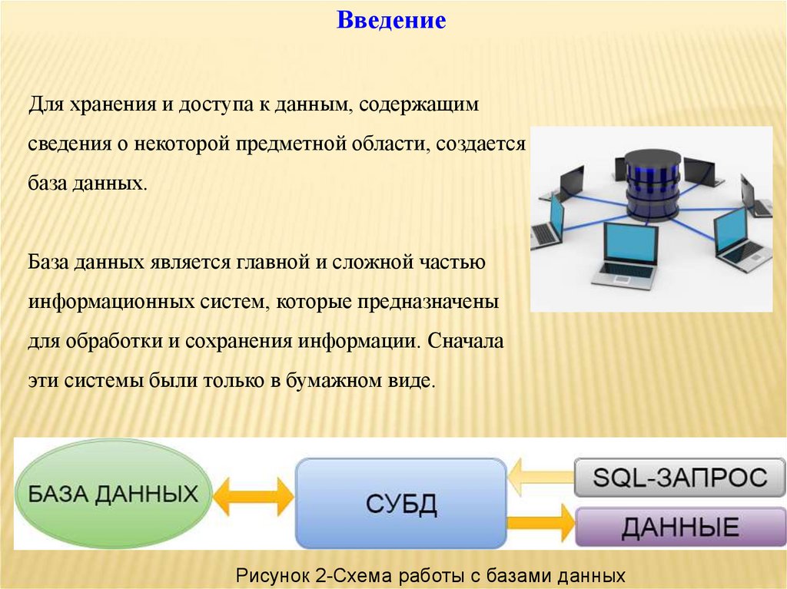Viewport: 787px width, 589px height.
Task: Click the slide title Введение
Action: click(x=391, y=20)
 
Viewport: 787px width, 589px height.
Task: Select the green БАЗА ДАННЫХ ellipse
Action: click(x=113, y=493)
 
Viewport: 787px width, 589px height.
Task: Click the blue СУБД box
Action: click(x=400, y=504)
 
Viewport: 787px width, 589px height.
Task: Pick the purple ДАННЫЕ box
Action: click(x=679, y=527)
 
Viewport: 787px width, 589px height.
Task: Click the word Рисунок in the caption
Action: click(x=273, y=575)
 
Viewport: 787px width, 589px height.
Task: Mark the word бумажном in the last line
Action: click(x=340, y=381)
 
